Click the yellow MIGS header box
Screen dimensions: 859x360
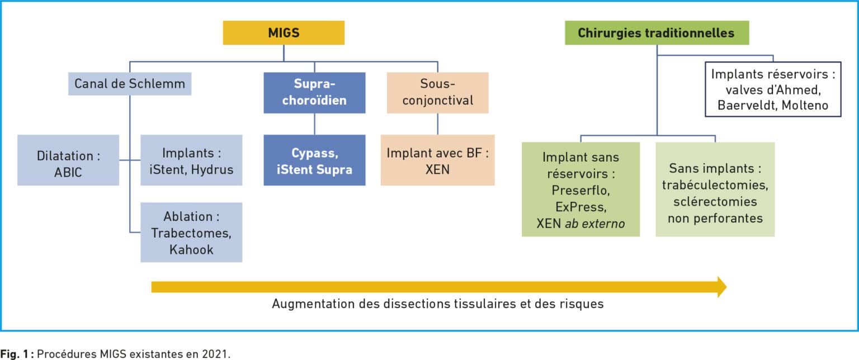pyautogui.click(x=284, y=33)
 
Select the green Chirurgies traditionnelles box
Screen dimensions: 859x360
pyautogui.click(x=657, y=33)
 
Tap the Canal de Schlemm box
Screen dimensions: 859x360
pyautogui.click(x=130, y=84)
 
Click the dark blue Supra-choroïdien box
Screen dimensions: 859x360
pyautogui.click(x=314, y=93)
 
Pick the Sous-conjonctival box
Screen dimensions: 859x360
pyautogui.click(x=437, y=93)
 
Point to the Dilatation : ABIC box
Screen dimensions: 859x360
pyautogui.click(x=68, y=160)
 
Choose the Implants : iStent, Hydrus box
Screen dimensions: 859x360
pyautogui.click(x=191, y=160)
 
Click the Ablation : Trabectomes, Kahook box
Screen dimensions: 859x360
pyautogui.click(x=191, y=233)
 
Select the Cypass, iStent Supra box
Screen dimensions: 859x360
pyautogui.click(x=314, y=160)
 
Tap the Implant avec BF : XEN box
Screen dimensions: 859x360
pyautogui.click(x=437, y=160)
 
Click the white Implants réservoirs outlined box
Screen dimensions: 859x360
pyautogui.click(x=773, y=89)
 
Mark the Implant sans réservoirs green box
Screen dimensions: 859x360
pyautogui.click(x=580, y=190)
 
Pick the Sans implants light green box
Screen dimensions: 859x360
pyautogui.click(x=715, y=190)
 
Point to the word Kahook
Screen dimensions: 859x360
pyautogui.click(x=191, y=250)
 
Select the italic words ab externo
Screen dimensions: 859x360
pyautogui.click(x=595, y=224)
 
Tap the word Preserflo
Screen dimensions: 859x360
pyautogui.click(x=580, y=191)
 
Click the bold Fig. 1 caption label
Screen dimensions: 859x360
pyautogui.click(x=17, y=354)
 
